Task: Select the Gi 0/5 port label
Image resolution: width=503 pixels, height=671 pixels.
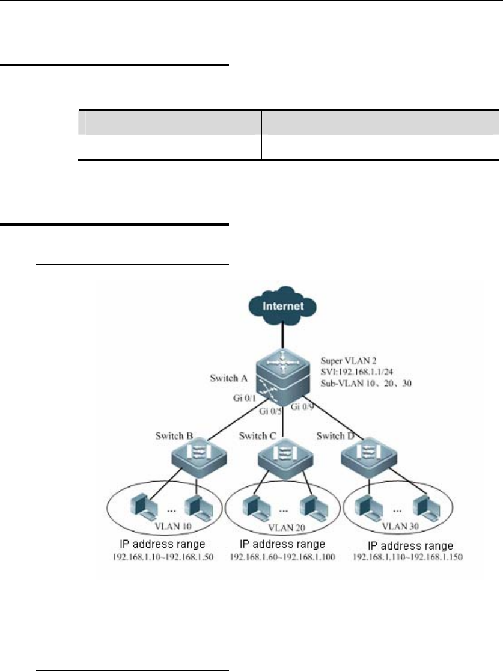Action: pyautogui.click(x=270, y=412)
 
